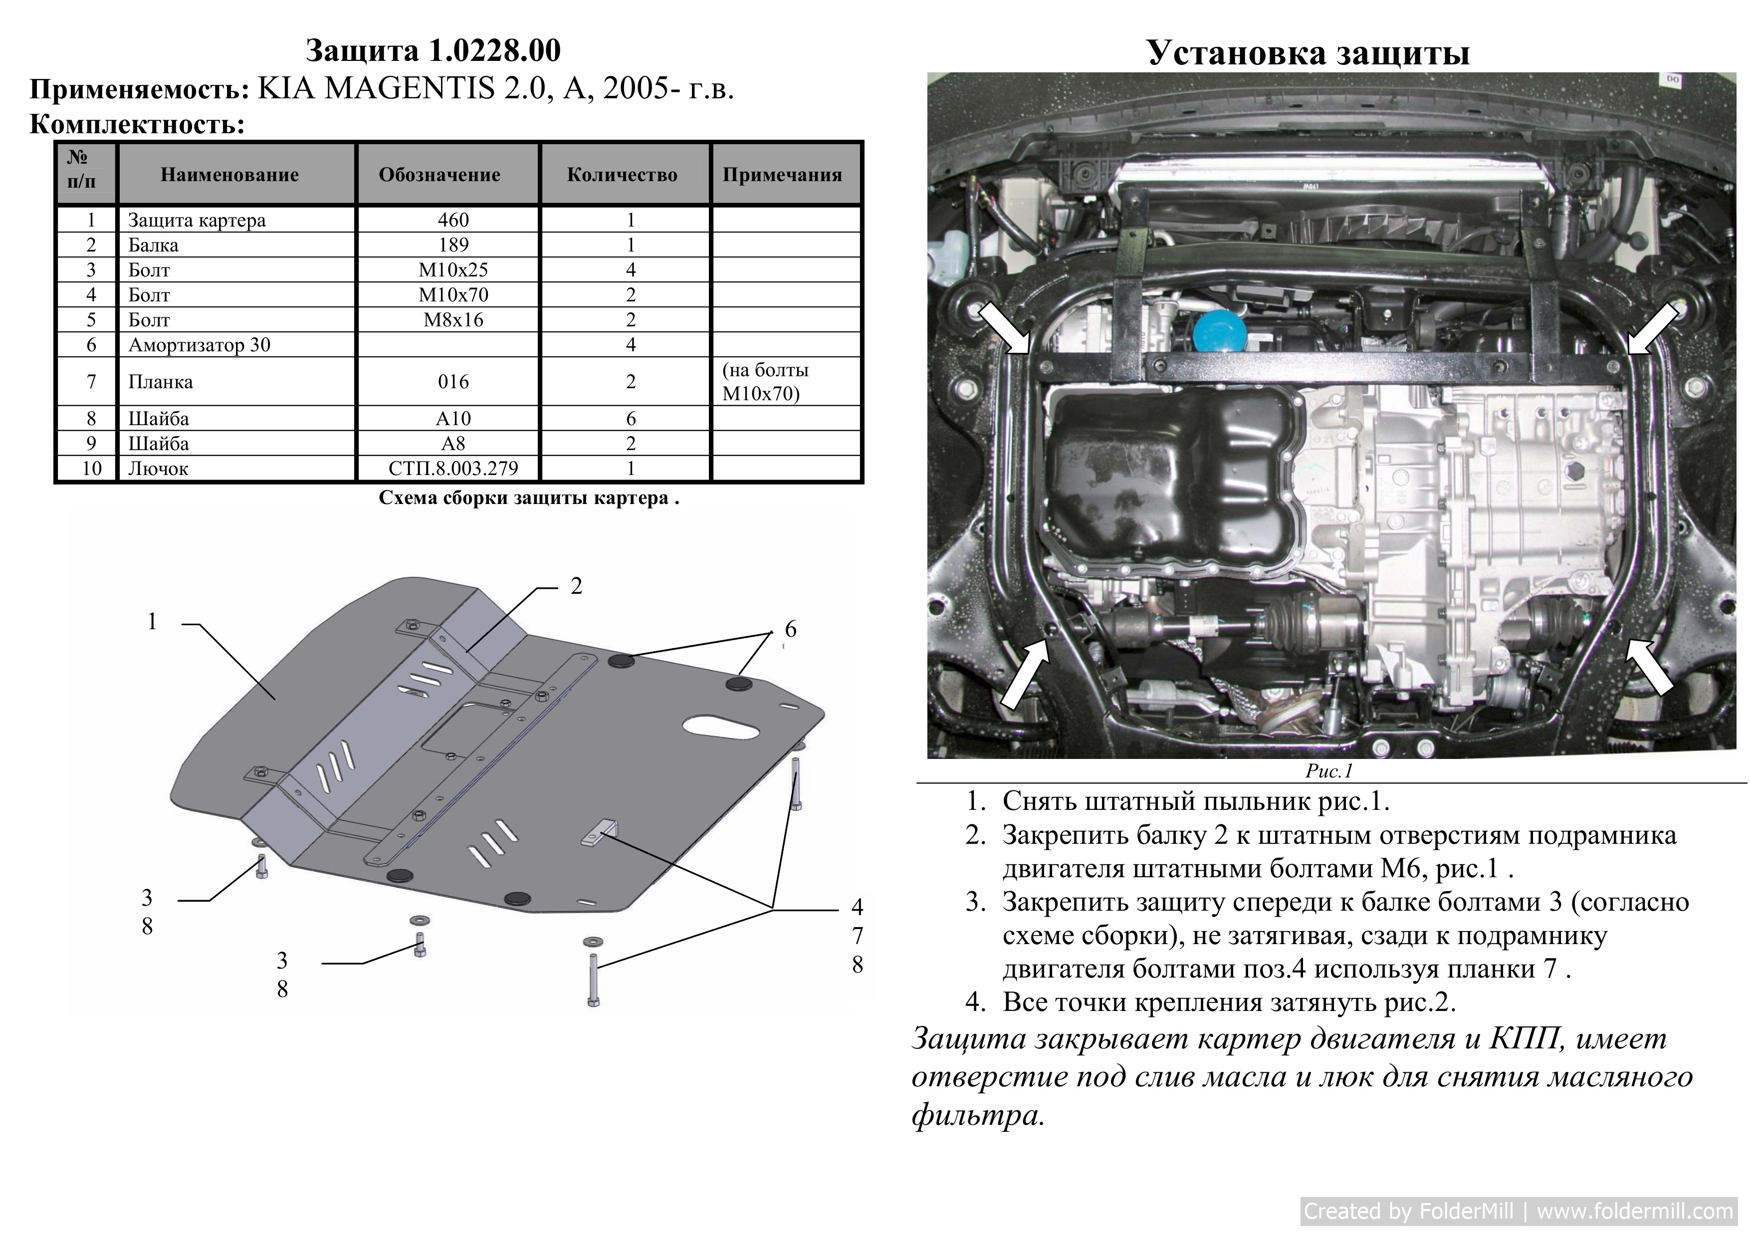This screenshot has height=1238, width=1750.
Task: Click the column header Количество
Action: point(622,175)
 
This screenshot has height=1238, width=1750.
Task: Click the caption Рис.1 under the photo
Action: point(1328,771)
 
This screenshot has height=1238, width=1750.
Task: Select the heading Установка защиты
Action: point(1308,52)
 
